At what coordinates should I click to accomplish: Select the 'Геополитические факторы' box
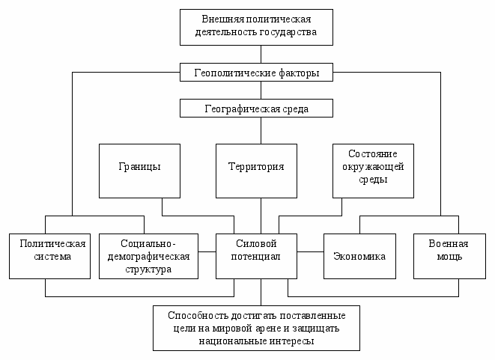[x=257, y=73]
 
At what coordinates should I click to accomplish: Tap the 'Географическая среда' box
[x=257, y=109]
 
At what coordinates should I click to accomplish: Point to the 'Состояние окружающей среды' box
[x=372, y=170]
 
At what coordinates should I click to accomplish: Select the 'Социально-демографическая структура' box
[x=148, y=255]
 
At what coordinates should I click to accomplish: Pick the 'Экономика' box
[x=359, y=256]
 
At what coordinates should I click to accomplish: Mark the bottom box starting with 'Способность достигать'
[x=257, y=327]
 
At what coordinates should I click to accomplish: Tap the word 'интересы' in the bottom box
[x=293, y=341]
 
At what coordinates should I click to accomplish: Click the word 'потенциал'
[x=256, y=257]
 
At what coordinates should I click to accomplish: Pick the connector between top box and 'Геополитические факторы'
[x=261, y=55]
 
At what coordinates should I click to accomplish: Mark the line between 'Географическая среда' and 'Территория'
[x=261, y=130]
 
